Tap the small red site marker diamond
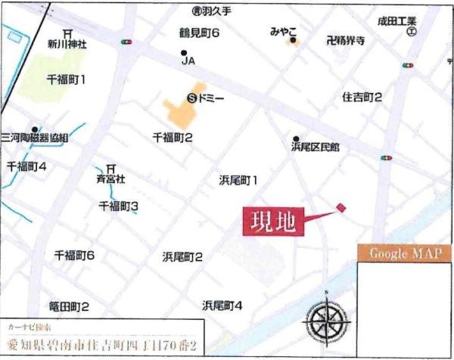(340, 207)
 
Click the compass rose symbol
(326, 321)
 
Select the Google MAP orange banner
(404, 254)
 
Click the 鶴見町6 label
(199, 34)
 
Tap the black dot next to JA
(184, 53)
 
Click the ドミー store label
(212, 97)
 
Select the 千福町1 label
(66, 79)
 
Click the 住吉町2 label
(362, 97)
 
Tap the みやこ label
(285, 31)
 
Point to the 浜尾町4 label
(222, 306)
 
